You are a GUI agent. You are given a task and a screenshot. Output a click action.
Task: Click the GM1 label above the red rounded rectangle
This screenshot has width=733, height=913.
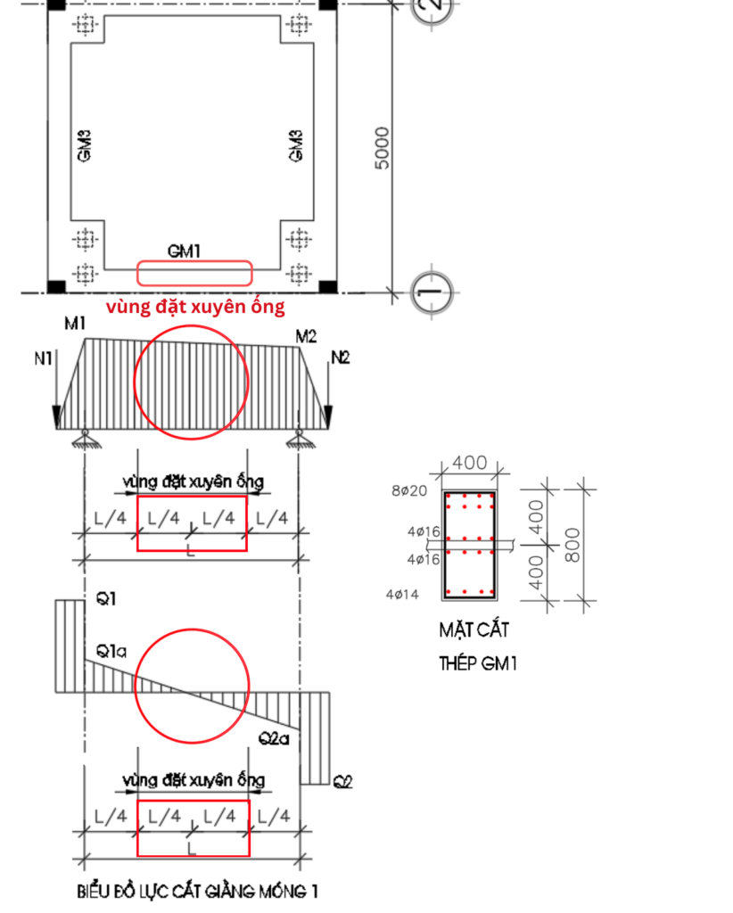[x=184, y=251]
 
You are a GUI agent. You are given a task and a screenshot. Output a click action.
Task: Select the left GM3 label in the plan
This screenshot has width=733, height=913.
[x=84, y=145]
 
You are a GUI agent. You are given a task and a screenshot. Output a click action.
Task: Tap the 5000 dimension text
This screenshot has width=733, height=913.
[x=382, y=148]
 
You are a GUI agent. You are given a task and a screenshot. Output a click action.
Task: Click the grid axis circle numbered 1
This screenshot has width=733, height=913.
[x=432, y=292]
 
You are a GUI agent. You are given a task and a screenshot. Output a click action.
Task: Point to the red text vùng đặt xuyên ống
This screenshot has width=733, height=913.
[x=195, y=307]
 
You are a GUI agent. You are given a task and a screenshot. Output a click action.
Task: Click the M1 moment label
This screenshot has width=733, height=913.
[x=75, y=323]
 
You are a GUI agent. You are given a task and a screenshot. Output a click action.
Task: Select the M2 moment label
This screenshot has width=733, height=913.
[x=306, y=336]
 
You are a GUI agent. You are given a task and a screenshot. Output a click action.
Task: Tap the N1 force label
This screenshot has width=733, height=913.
[x=43, y=358]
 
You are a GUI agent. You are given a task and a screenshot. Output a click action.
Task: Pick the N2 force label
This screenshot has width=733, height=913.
[x=341, y=358]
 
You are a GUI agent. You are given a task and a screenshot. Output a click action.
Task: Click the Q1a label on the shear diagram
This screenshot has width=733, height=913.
[x=111, y=651]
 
